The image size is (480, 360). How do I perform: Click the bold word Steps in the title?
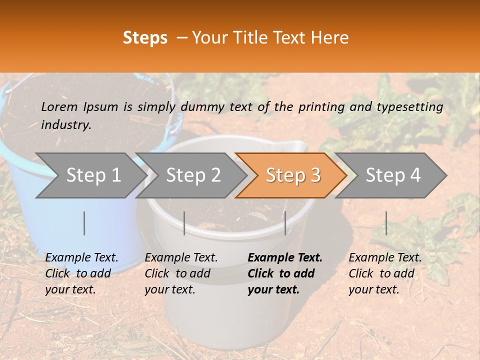(145, 38)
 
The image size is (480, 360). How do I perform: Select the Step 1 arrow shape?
(90, 175)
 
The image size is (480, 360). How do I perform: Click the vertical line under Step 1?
(84, 223)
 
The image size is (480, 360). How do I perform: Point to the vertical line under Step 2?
(184, 223)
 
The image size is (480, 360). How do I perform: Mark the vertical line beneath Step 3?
(285, 223)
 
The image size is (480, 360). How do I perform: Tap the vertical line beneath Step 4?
(386, 223)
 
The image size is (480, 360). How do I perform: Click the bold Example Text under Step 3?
(285, 273)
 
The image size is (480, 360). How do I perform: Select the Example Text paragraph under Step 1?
(81, 273)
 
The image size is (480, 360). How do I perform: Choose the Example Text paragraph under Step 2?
(181, 273)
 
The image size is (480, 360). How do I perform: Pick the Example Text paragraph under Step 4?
(385, 273)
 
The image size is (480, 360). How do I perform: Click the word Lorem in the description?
(59, 106)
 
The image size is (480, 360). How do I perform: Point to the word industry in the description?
(66, 124)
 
